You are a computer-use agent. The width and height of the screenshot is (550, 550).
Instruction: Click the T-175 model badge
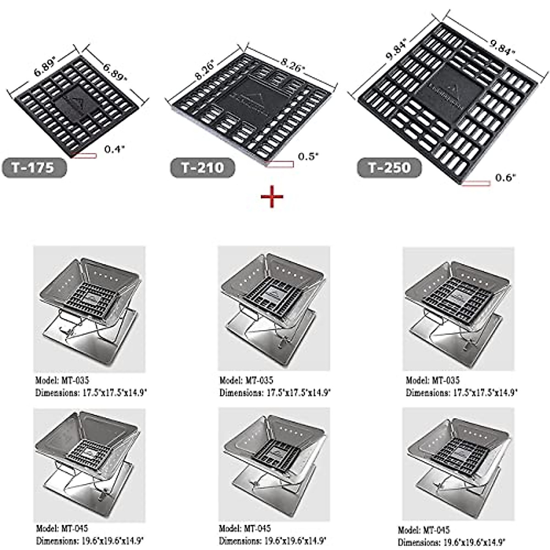tap(34, 167)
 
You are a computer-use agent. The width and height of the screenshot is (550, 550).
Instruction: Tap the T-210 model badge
tap(203, 168)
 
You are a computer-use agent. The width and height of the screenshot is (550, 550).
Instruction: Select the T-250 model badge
tap(390, 168)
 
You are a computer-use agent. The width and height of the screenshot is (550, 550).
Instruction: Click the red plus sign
tap(272, 197)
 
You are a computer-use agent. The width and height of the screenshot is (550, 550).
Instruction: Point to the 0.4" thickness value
tap(114, 149)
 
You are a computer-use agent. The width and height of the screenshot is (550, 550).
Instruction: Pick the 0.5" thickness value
tap(308, 157)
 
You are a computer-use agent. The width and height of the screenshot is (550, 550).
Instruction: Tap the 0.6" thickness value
tap(506, 178)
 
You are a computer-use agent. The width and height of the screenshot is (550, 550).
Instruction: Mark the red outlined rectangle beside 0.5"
tap(279, 164)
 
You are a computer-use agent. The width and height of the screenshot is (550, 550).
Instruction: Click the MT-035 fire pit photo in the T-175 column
tap(89, 308)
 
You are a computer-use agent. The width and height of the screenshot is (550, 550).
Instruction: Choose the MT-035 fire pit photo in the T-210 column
tap(274, 308)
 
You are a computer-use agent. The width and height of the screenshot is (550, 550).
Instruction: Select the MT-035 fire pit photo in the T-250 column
tap(458, 308)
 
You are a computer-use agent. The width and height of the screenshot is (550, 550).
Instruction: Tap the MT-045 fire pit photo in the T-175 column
tap(89, 465)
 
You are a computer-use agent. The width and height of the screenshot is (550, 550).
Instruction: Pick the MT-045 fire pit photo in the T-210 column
tap(274, 465)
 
